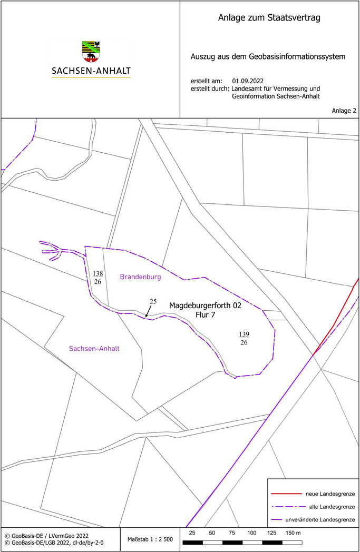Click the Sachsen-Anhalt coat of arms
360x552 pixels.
coord(91,52)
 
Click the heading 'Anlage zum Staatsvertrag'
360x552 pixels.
coord(269,18)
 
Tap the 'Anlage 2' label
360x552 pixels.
coord(344,111)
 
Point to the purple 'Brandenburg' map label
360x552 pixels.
coord(140,276)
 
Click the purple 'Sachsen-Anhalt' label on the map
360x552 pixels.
coord(94,349)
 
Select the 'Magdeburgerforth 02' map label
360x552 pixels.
coord(205,305)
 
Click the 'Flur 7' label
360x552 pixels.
coord(205,315)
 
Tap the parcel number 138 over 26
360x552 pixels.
coord(98,278)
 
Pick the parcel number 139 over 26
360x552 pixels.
coord(244,338)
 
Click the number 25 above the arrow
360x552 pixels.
coord(153,302)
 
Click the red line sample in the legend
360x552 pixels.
coord(284,494)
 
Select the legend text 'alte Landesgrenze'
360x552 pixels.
coord(330,507)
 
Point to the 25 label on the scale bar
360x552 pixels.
coord(192,533)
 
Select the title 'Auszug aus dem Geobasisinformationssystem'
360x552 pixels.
coord(268,56)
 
